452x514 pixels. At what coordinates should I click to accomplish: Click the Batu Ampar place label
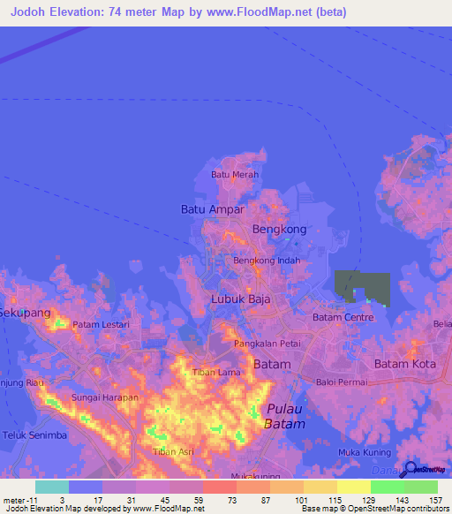(x=212, y=209)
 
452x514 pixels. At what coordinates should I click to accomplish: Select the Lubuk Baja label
(x=240, y=299)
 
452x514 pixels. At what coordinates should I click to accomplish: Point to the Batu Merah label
(x=234, y=175)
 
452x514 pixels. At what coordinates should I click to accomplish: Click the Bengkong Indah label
(x=267, y=261)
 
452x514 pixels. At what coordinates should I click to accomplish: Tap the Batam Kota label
(x=405, y=364)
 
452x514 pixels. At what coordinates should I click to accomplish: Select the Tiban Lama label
(x=216, y=372)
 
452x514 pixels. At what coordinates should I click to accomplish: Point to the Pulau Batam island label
(x=283, y=417)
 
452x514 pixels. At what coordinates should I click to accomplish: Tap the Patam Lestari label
(x=101, y=325)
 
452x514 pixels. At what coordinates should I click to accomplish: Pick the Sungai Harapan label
(x=105, y=398)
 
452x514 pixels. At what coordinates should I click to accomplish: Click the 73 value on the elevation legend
(x=218, y=499)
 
